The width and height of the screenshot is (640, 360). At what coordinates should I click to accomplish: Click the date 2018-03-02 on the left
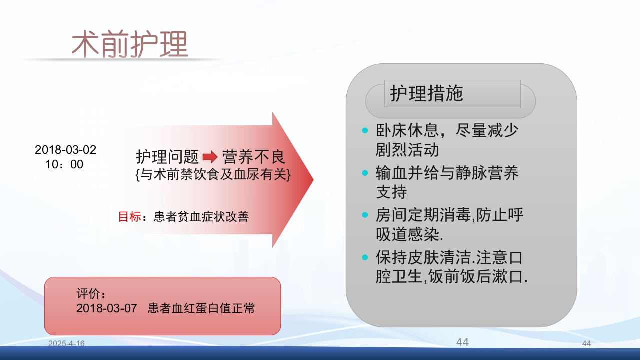pos(65,150)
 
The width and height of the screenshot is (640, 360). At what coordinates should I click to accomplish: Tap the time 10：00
pos(64,164)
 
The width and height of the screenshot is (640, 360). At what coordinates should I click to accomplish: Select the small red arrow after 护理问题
pos(210,157)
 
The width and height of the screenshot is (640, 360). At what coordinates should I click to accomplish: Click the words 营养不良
pos(254,157)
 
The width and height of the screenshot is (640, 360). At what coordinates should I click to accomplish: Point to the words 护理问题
pos(168,157)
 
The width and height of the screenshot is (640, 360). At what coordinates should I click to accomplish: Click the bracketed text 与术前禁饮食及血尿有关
pos(212,175)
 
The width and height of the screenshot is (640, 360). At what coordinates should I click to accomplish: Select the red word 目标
pos(129,217)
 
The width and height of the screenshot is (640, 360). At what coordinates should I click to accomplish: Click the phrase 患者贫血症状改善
pos(201,217)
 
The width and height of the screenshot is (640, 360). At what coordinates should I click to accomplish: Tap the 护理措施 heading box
pos(452,94)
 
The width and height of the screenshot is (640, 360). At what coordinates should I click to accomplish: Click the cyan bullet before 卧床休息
pos(365,131)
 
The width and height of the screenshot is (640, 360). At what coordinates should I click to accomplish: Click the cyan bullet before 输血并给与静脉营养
pos(365,173)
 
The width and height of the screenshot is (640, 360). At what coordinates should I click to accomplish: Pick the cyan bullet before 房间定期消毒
pos(365,215)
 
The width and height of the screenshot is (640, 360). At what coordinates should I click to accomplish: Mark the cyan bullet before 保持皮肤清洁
pos(365,258)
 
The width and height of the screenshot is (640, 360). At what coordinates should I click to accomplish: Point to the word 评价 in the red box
pos(90,293)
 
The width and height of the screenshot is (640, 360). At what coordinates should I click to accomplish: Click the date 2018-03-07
pos(106,308)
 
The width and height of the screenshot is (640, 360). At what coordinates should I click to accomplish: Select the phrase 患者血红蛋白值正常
pos(201,308)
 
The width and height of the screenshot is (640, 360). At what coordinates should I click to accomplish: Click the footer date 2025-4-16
pos(66,343)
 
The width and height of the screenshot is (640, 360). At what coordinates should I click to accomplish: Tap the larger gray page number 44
pos(462,342)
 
